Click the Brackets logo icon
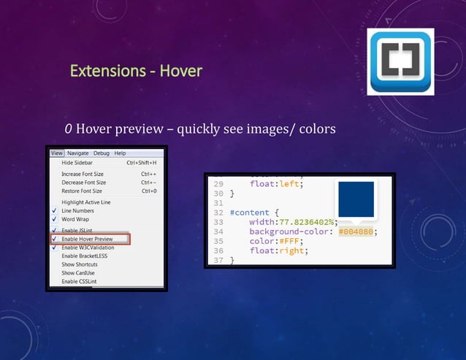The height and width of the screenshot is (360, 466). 402,61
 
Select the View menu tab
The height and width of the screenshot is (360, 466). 57,153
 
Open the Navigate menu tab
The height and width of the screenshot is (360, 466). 77,153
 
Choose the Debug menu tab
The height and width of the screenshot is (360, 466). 101,153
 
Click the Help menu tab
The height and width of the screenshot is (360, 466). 120,153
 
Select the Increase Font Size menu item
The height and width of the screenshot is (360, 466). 83,175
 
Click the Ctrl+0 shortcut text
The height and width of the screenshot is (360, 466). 149,191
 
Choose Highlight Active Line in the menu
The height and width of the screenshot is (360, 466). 86,202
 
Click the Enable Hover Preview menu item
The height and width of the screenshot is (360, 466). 87,239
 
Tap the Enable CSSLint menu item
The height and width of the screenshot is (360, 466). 80,282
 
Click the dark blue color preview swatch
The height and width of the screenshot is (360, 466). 355,199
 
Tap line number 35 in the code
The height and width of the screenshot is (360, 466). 218,242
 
